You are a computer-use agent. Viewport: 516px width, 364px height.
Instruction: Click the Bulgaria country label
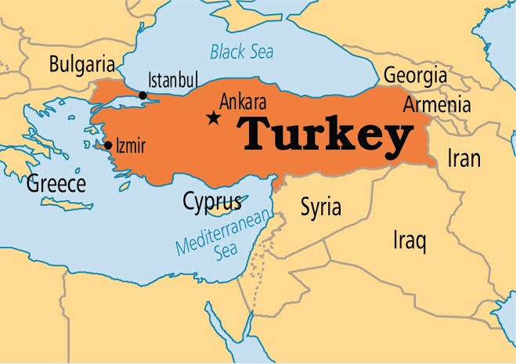(x=81, y=63)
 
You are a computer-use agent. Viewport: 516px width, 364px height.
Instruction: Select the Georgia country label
(x=415, y=76)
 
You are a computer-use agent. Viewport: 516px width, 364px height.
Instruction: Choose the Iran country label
(x=463, y=157)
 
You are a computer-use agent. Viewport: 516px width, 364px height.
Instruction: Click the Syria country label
(x=321, y=207)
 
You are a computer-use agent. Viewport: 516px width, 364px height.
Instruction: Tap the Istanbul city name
(x=173, y=80)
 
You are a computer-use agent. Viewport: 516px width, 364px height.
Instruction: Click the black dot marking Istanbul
(x=143, y=96)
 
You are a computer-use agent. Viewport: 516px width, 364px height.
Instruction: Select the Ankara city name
(x=244, y=102)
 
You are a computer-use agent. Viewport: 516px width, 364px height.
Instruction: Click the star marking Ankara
(x=212, y=118)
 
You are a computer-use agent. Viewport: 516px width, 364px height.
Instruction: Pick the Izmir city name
(x=130, y=145)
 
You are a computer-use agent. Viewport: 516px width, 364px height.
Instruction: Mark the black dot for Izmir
(x=107, y=145)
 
